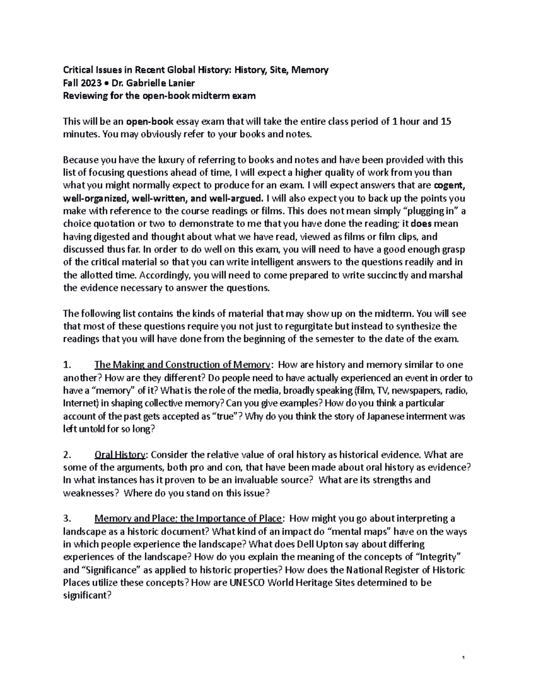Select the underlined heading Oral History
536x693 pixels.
[120, 455]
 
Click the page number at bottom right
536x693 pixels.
[464, 658]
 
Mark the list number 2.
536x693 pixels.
[67, 455]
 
